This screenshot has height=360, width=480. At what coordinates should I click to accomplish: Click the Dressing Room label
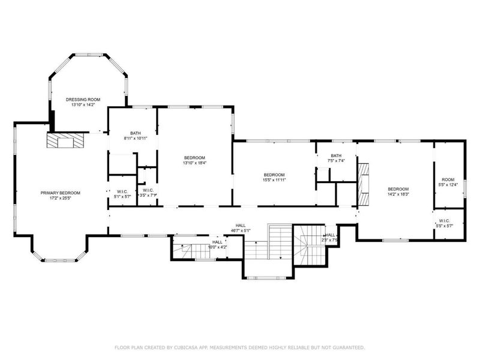coord(83,99)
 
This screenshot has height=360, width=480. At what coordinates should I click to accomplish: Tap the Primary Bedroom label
coord(61,193)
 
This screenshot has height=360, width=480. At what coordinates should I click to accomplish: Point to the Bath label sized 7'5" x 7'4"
coord(335,155)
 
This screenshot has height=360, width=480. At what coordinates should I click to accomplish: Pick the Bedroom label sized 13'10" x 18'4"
coord(194,157)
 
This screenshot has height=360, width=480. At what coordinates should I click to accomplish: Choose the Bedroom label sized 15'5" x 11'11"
coord(273,175)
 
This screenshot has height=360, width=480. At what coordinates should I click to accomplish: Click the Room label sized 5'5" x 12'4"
coord(448,179)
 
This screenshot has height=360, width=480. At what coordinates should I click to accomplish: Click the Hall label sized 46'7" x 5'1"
coord(240,225)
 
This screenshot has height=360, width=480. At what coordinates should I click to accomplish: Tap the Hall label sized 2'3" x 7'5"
coord(330,235)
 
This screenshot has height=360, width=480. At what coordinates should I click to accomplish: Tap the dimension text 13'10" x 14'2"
coord(83,104)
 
